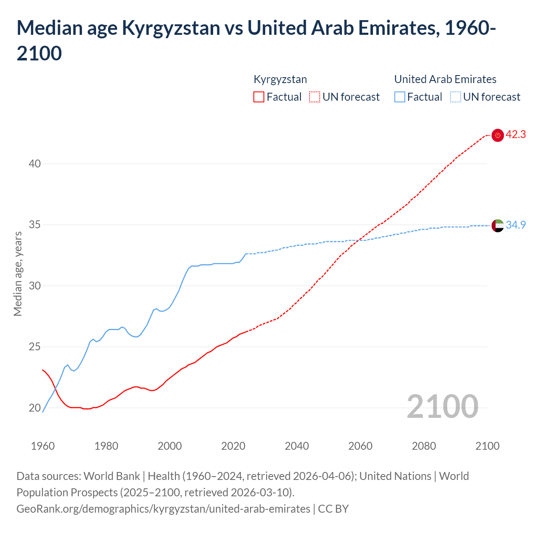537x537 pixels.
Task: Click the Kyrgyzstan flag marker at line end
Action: (498, 135)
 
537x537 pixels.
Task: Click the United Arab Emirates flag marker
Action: (498, 225)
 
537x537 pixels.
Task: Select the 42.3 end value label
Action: (516, 135)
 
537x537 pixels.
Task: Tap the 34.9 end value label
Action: (516, 225)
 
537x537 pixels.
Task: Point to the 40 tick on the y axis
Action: (35, 164)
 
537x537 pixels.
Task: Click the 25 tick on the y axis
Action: (35, 347)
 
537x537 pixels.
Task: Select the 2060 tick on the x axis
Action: (360, 446)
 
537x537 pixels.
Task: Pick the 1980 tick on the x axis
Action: (106, 446)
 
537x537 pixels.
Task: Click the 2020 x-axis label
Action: (233, 446)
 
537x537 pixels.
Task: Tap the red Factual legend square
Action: (259, 97)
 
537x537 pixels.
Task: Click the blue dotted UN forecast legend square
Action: (456, 97)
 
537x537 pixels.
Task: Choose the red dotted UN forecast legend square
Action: (315, 97)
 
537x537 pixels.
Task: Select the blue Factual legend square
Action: (400, 97)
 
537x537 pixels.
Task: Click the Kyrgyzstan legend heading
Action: (280, 79)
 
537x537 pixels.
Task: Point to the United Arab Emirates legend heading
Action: (445, 79)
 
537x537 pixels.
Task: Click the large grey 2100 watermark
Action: (442, 406)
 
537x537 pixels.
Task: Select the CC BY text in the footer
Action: (334, 509)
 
